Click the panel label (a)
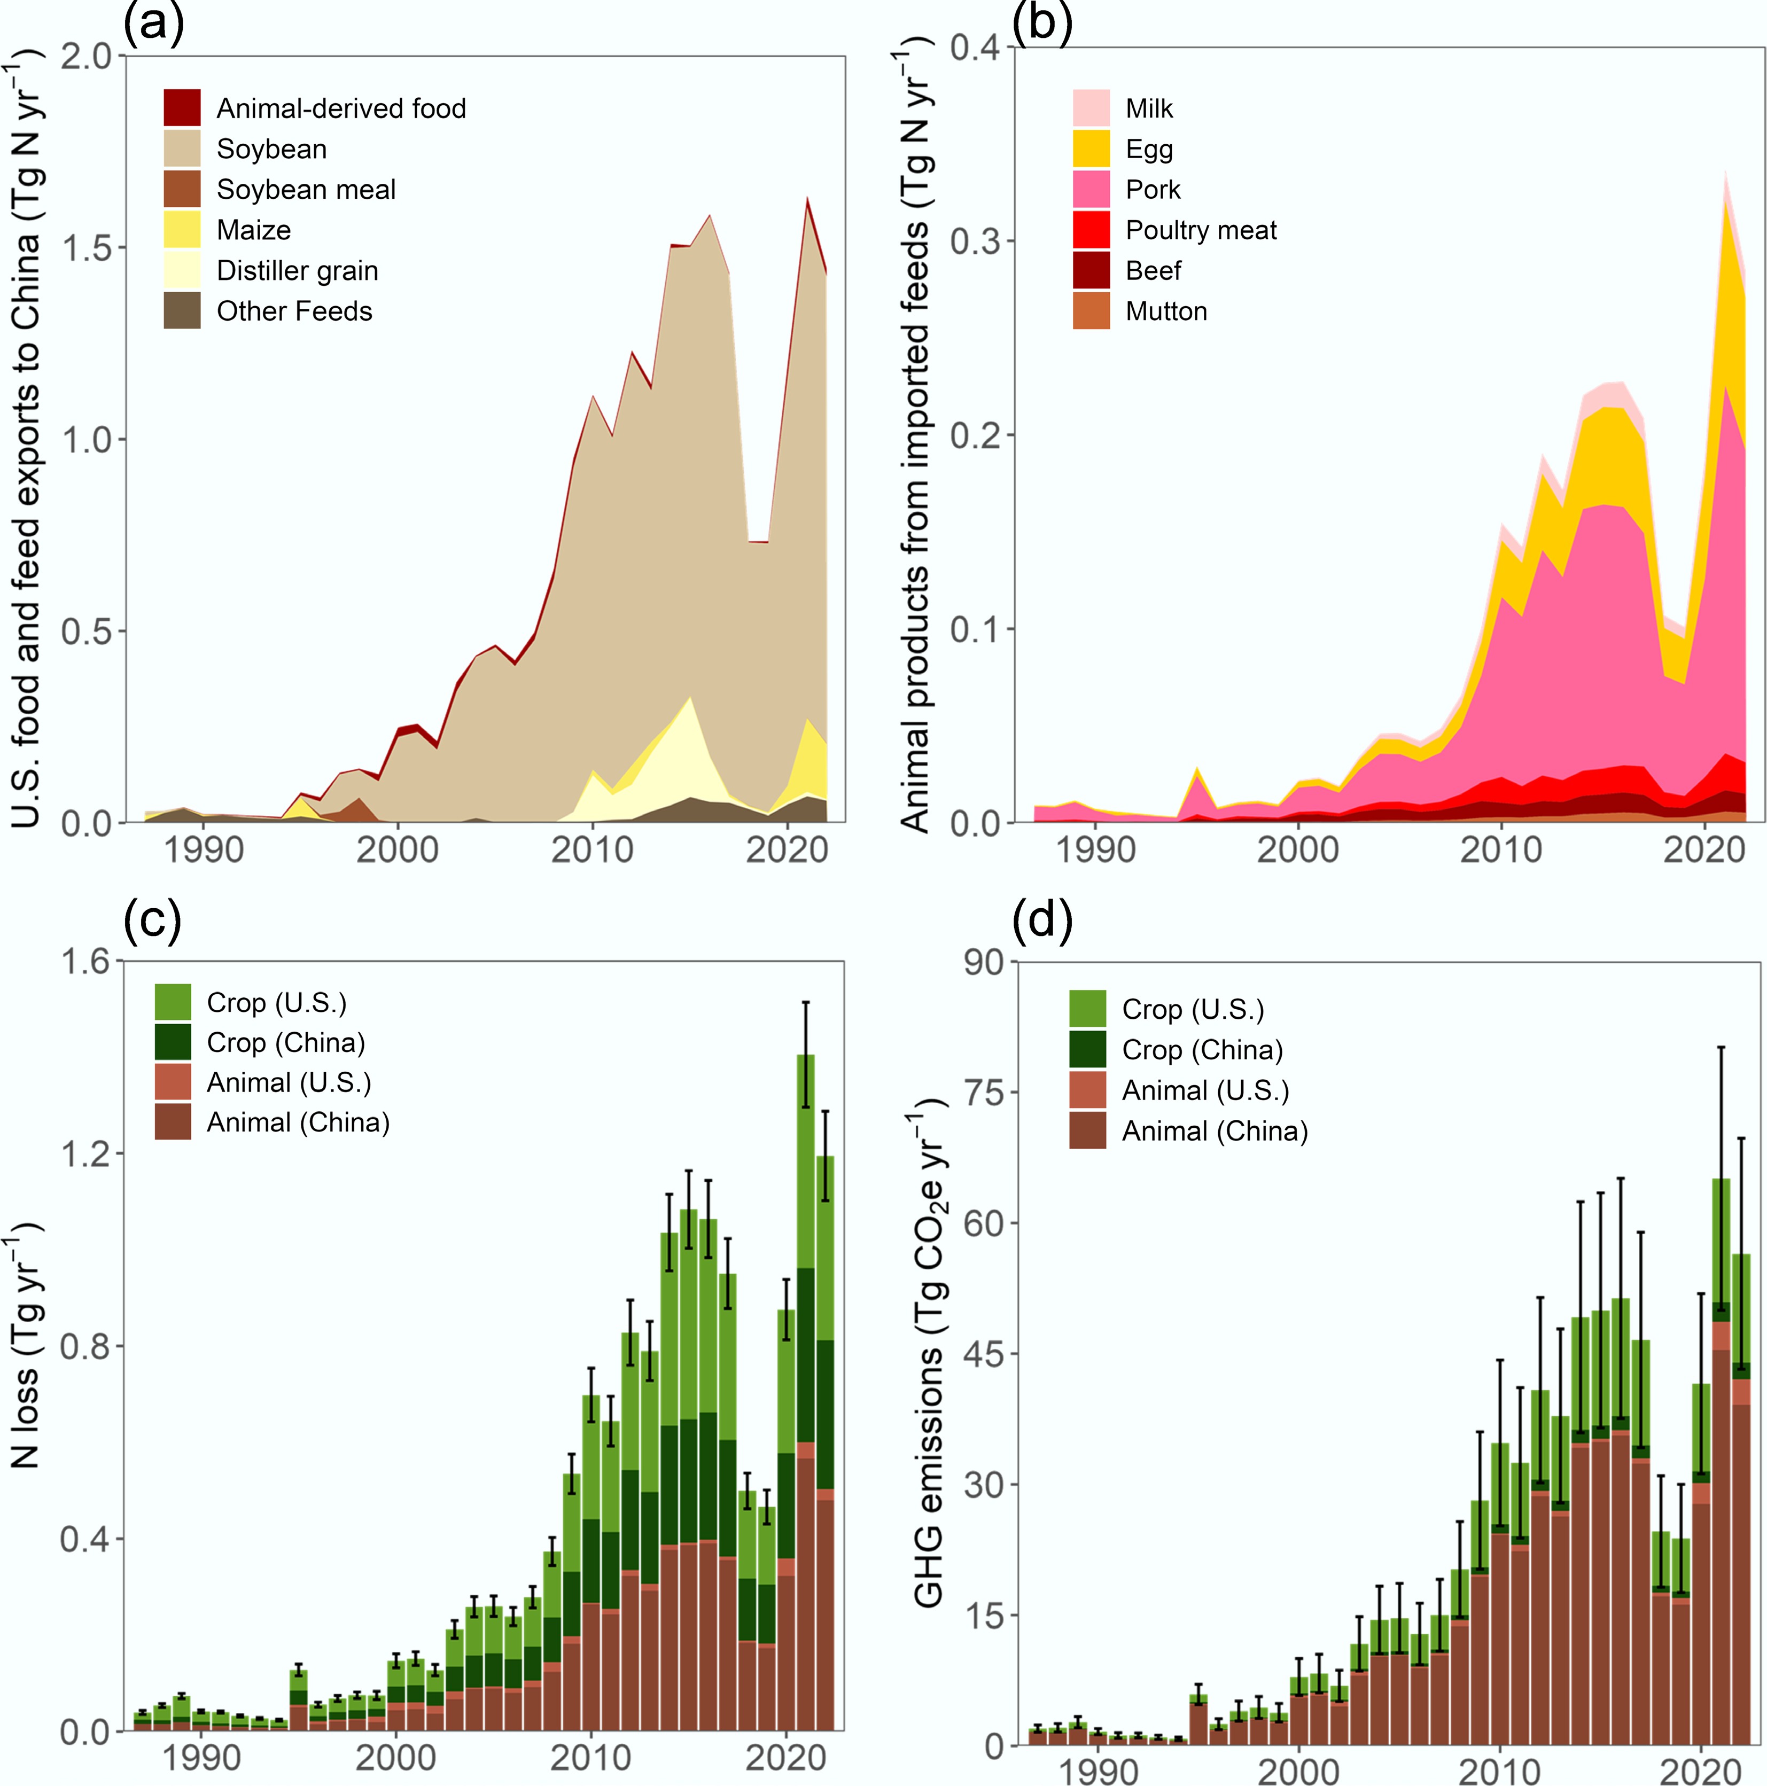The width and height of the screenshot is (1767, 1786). (x=153, y=22)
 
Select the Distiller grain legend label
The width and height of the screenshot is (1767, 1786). (x=298, y=271)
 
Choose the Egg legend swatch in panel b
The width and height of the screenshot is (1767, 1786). (x=1091, y=149)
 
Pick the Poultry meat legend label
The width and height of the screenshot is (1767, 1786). (x=1201, y=230)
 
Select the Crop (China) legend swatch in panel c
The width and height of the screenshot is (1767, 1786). (x=173, y=1042)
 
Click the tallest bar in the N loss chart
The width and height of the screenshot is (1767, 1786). (x=805, y=1392)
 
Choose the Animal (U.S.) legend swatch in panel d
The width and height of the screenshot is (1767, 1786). (x=1087, y=1090)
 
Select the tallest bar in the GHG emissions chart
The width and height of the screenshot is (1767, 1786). (x=1721, y=1462)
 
